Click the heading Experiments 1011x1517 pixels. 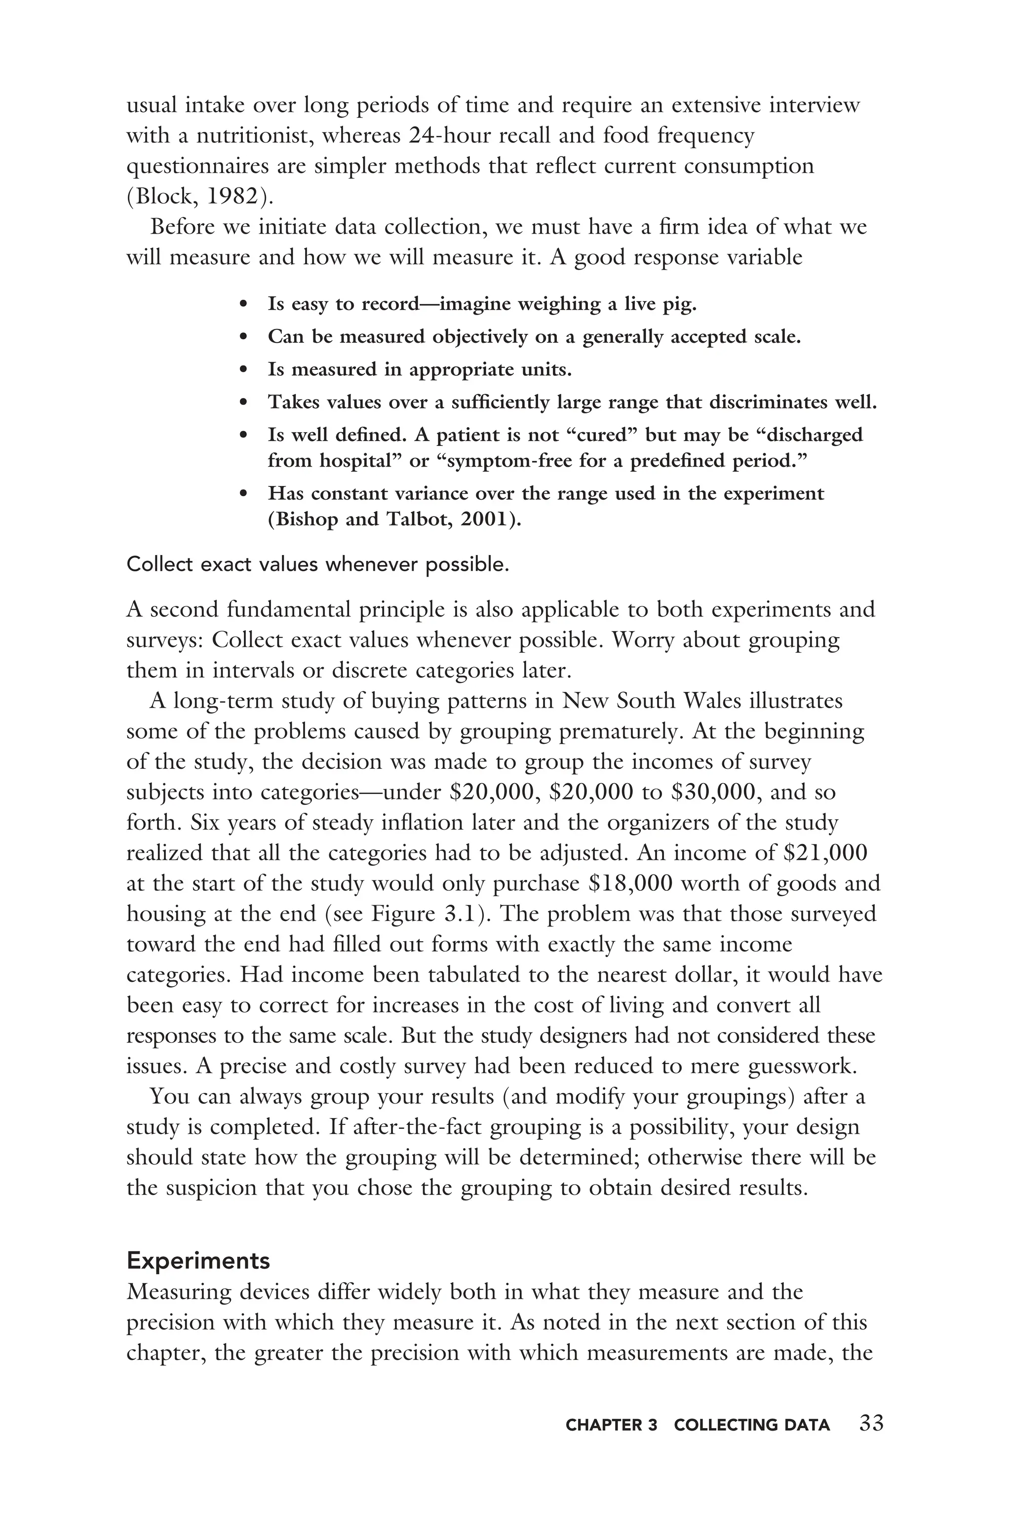pyautogui.click(x=198, y=1260)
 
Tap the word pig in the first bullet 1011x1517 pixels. pyautogui.click(x=680, y=304)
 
